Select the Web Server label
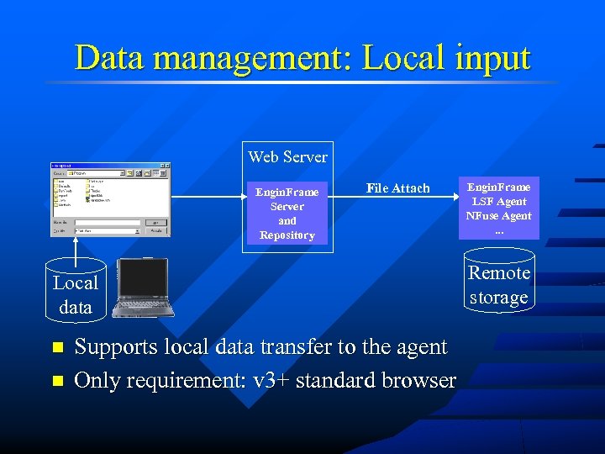click(x=287, y=157)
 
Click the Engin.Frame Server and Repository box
click(x=287, y=214)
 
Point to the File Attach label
click(x=397, y=188)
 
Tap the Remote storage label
click(x=499, y=285)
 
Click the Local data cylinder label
click(x=76, y=295)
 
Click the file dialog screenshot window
click(x=109, y=199)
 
